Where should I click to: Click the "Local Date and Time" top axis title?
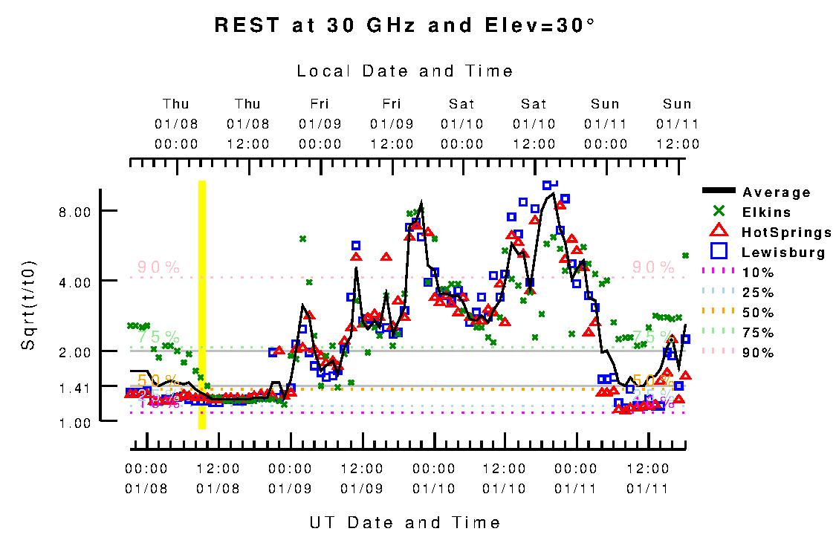click(x=405, y=71)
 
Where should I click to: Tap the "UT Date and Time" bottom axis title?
click(x=405, y=523)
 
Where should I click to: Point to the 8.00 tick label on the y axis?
click(x=74, y=212)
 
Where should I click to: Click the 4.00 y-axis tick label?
click(x=74, y=282)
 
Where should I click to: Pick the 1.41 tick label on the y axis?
click(x=74, y=387)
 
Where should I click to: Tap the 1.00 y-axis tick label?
click(x=74, y=422)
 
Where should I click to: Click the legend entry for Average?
click(x=777, y=192)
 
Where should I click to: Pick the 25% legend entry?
click(x=758, y=293)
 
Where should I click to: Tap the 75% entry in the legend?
click(x=758, y=333)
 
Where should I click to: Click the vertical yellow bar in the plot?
click(x=201, y=305)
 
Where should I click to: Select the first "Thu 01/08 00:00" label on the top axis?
click(x=176, y=123)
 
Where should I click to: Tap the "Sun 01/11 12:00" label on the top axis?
click(x=677, y=123)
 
